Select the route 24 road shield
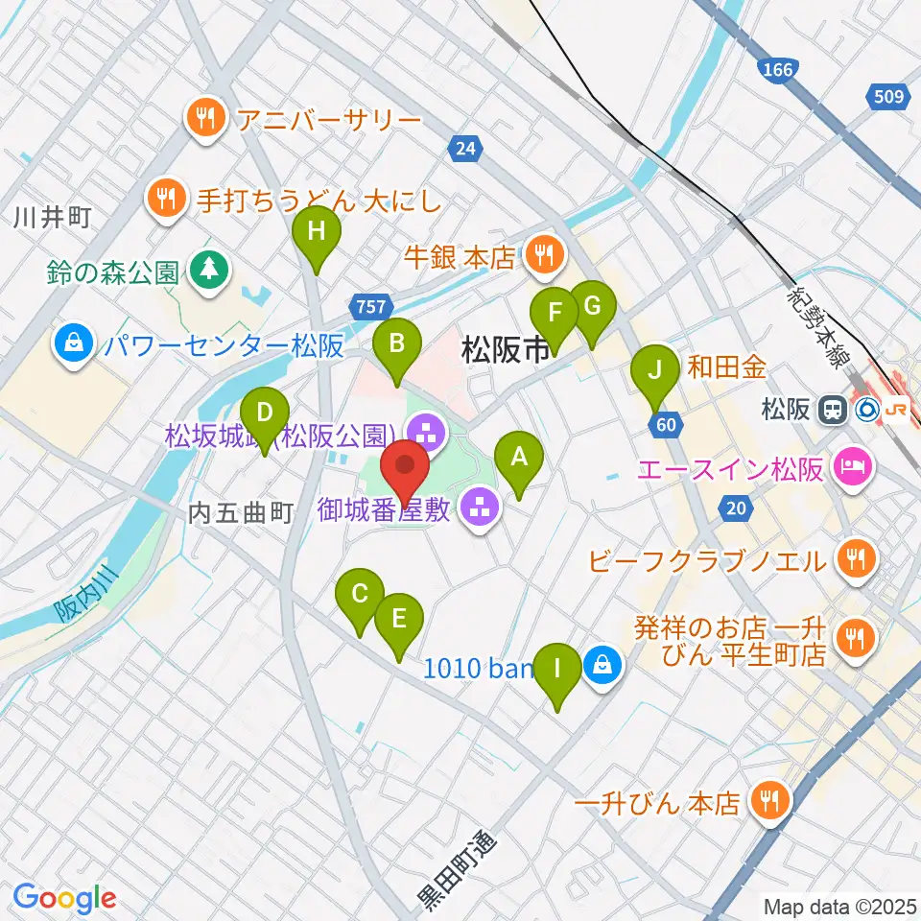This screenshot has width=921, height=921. pos(465,148)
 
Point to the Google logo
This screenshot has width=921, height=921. pos(64,899)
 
